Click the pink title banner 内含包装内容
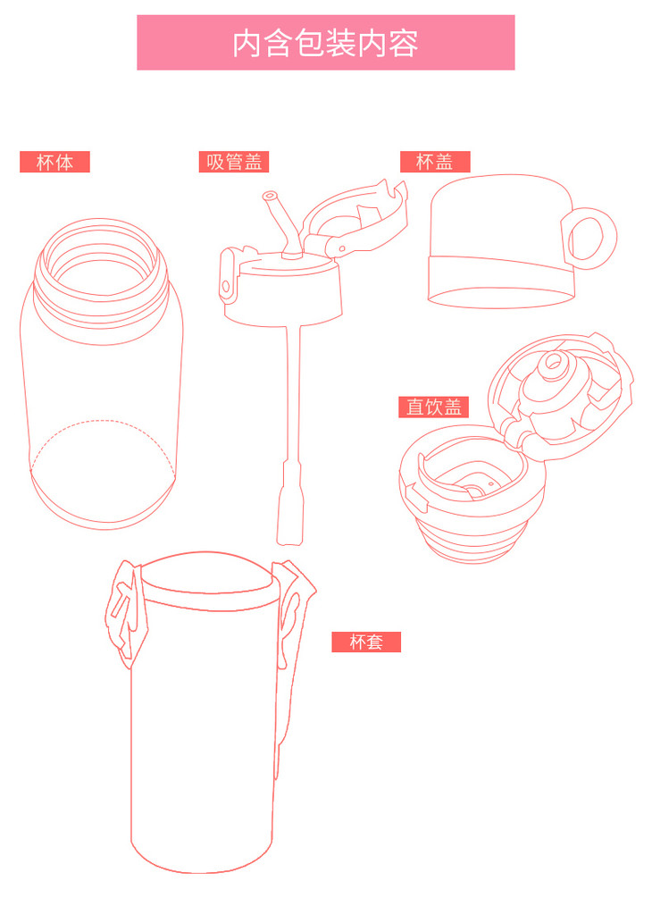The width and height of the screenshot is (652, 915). click(x=325, y=43)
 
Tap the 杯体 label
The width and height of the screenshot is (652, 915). click(x=54, y=162)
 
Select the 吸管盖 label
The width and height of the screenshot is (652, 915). click(x=234, y=162)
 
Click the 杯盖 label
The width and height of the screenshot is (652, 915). click(x=435, y=162)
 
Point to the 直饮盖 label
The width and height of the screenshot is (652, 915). click(x=434, y=407)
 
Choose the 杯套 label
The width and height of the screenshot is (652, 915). click(x=366, y=642)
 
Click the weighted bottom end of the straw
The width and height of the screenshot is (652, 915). click(x=290, y=503)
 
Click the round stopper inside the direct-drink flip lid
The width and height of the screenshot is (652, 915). click(x=553, y=364)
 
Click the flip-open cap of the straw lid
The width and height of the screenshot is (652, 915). click(x=355, y=219)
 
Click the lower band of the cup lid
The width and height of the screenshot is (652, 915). click(x=502, y=281)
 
